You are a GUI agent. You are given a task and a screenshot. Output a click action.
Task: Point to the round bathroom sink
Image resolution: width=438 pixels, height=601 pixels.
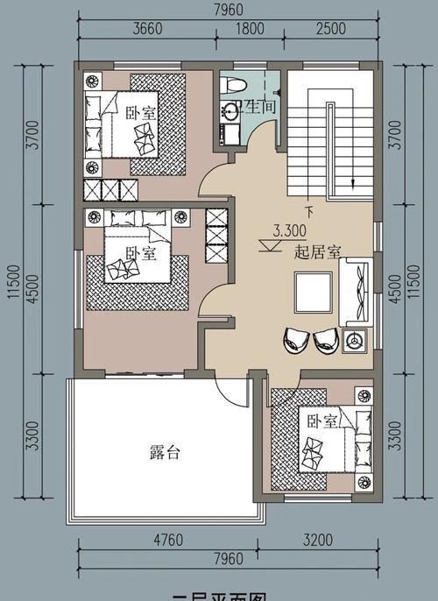click(231, 110)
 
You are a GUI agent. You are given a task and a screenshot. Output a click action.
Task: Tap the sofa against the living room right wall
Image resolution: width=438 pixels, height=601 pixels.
click(359, 293)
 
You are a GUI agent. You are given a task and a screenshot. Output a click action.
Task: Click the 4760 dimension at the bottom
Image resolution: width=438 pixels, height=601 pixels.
click(166, 540)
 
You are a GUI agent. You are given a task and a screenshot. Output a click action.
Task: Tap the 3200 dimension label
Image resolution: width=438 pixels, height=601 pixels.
click(321, 540)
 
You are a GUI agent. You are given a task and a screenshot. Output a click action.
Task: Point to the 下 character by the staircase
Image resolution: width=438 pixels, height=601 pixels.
click(308, 211)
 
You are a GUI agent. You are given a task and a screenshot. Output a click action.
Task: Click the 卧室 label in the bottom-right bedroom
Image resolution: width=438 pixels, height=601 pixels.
click(321, 421)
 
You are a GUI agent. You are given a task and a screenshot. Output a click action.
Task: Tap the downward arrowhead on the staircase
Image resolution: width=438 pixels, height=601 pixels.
click(353, 183)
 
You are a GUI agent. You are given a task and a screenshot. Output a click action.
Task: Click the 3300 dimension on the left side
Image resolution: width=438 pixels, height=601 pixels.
click(32, 435)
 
